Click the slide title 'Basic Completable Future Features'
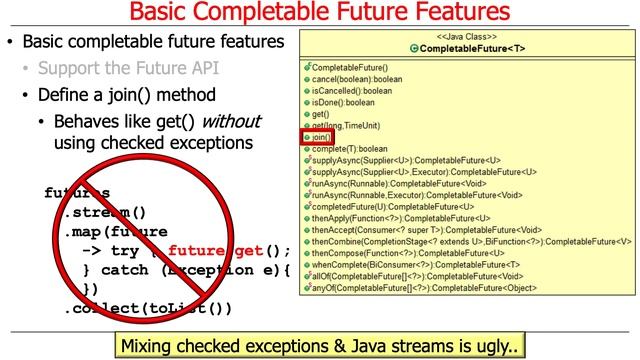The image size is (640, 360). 319,15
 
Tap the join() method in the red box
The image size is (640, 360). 322,137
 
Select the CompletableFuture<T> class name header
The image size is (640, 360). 468,48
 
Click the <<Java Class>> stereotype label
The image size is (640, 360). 468,37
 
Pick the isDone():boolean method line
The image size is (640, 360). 346,102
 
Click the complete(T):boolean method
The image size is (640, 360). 350,149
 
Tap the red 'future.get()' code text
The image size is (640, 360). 229,251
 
